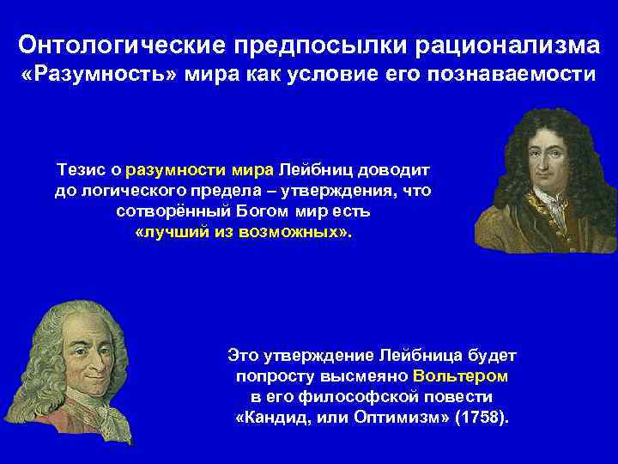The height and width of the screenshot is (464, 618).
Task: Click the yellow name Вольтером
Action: point(460,375)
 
